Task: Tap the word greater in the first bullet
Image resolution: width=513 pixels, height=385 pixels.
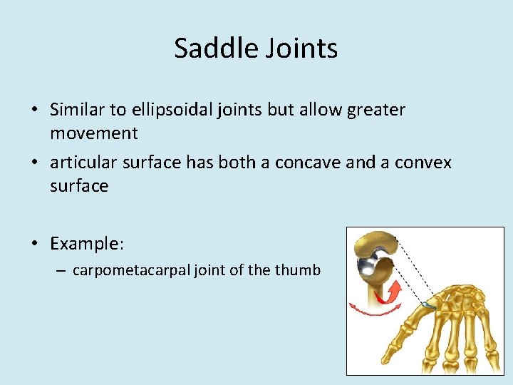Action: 376,110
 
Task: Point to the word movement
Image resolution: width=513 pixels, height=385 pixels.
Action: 93,133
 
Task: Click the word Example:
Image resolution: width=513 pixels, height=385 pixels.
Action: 87,244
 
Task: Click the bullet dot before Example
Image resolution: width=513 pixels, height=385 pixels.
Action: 34,245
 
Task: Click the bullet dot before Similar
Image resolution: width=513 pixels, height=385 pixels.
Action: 34,111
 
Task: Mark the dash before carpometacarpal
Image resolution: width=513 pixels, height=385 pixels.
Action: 63,271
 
